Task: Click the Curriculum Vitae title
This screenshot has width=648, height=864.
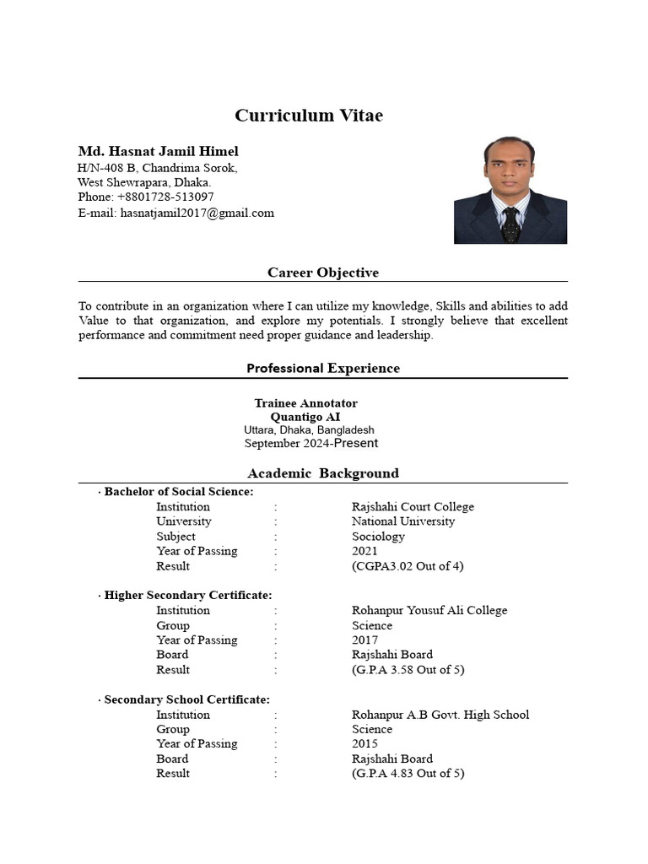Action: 308,116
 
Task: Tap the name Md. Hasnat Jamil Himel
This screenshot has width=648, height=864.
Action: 158,151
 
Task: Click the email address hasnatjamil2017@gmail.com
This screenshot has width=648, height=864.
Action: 197,213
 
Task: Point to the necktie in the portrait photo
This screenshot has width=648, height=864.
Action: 510,224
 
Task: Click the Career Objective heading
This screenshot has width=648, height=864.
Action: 323,273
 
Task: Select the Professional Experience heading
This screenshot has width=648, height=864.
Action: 323,368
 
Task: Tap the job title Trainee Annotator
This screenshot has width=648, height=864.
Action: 305,403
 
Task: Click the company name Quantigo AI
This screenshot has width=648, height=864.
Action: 305,417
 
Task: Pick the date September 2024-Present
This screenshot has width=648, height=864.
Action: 310,443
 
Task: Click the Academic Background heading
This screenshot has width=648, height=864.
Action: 323,473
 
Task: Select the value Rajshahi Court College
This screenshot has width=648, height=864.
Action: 413,507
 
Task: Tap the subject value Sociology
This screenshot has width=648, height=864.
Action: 378,537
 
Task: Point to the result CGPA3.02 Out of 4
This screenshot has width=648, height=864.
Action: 408,566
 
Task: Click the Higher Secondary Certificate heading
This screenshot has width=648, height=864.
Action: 188,596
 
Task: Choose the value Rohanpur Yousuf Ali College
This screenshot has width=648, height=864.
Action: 429,610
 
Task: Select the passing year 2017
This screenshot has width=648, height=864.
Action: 364,640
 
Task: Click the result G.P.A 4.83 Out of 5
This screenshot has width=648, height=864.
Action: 408,773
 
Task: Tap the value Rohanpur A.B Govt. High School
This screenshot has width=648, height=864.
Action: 440,715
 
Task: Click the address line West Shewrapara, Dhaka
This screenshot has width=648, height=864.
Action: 144,181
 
